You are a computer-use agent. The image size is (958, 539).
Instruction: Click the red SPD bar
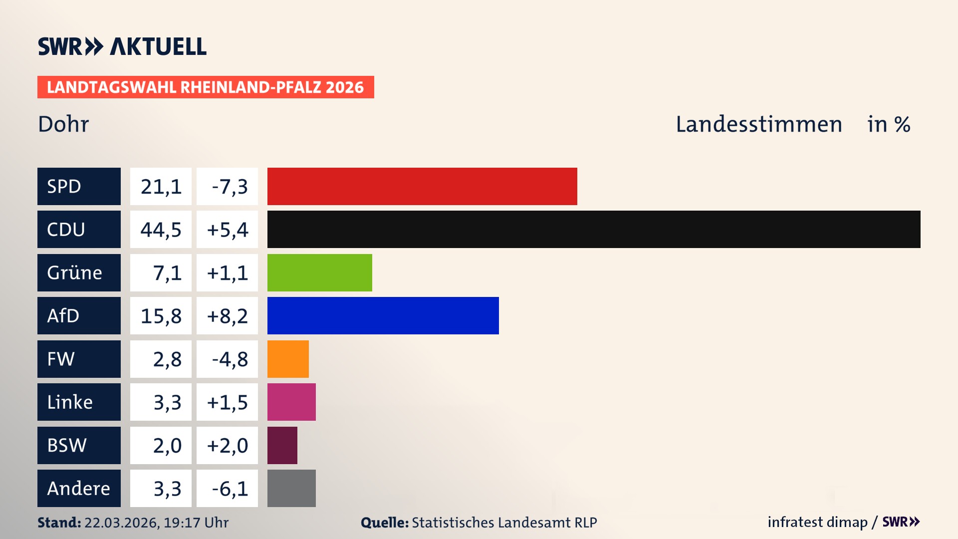(422, 186)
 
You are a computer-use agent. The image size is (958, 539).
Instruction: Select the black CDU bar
(594, 229)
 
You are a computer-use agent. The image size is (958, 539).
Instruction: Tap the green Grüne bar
(319, 272)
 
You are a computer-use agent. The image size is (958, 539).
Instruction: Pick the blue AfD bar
(383, 315)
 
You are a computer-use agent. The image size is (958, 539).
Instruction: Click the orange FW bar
(288, 359)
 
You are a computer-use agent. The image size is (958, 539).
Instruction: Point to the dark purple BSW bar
(282, 445)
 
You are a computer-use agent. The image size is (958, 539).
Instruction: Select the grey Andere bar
(291, 488)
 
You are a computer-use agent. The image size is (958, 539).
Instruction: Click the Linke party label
(79, 402)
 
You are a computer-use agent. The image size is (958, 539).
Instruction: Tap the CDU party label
(79, 229)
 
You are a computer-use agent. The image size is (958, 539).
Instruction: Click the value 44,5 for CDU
(161, 230)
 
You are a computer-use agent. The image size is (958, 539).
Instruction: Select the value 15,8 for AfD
(161, 316)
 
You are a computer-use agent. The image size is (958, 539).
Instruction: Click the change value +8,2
(228, 316)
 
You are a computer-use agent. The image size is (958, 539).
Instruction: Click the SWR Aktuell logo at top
(122, 46)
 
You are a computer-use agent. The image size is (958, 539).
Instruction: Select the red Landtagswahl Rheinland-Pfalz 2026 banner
(206, 87)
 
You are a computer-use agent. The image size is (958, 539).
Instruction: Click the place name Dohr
(63, 124)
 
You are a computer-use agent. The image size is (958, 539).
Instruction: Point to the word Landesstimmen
(758, 124)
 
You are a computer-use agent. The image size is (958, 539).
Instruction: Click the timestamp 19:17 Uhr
(196, 523)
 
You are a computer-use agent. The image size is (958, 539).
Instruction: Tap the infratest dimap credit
(817, 522)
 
